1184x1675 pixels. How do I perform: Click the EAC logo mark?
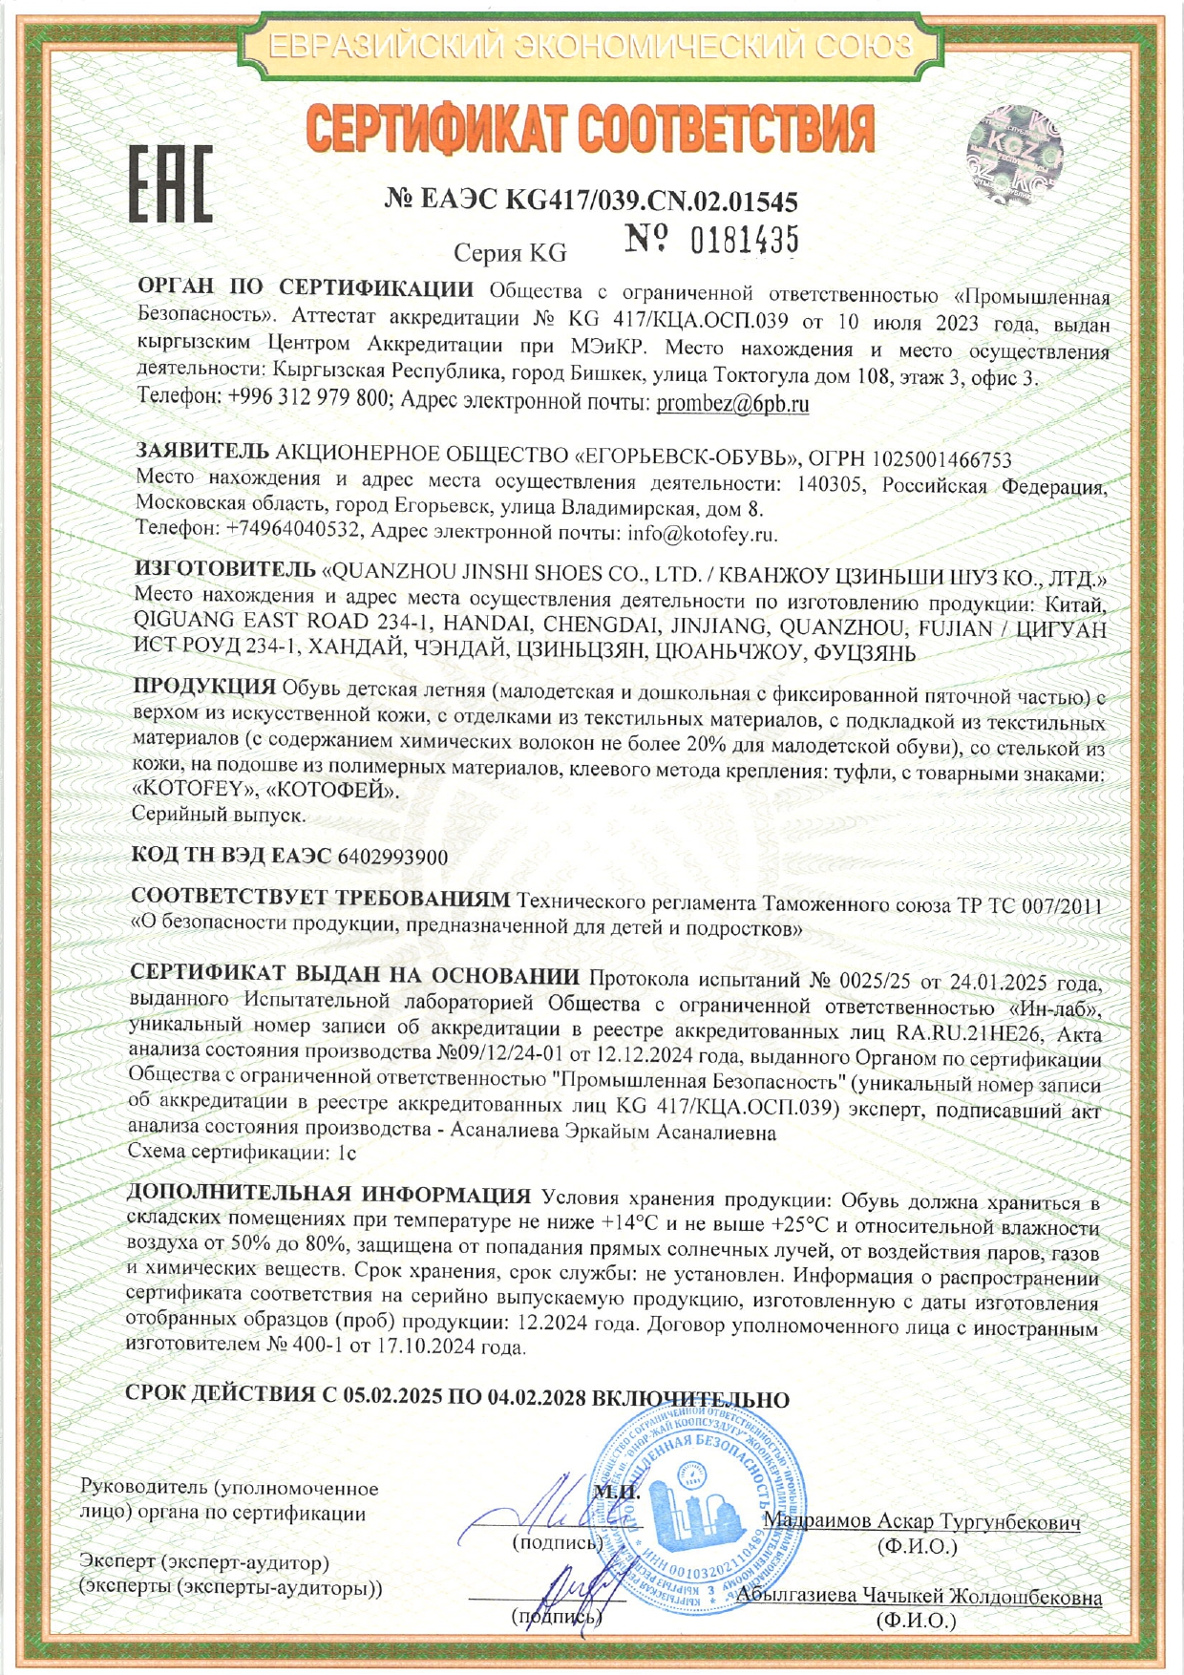[x=171, y=184]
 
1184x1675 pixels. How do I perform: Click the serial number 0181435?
[x=744, y=241]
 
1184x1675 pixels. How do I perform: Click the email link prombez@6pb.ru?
[x=732, y=404]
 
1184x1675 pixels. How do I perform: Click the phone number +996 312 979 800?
[x=308, y=398]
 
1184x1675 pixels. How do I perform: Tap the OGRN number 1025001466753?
[x=933, y=460]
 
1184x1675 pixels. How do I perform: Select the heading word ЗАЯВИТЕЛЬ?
[x=202, y=451]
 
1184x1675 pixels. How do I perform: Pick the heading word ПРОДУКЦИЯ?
[x=204, y=687]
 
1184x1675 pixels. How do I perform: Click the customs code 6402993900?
[x=392, y=857]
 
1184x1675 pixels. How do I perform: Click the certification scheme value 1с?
[x=348, y=1153]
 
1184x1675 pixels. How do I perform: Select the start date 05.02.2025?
[x=392, y=1395]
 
